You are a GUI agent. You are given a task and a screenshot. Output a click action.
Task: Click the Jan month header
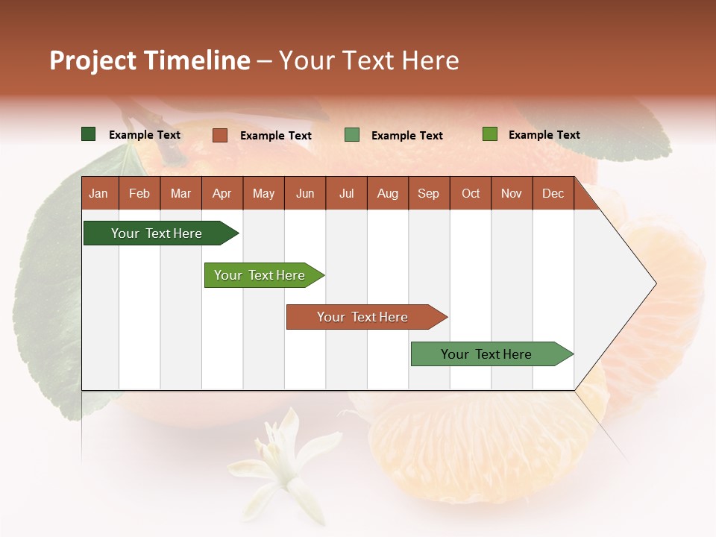tap(98, 193)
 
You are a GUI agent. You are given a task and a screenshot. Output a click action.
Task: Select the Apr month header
tap(222, 193)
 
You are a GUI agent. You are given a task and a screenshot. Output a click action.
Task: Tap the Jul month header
tap(346, 193)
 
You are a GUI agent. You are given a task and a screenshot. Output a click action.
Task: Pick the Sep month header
tap(428, 193)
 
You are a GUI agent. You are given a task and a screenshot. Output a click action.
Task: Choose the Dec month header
tap(553, 193)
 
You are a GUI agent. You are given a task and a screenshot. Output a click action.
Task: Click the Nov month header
tap(511, 193)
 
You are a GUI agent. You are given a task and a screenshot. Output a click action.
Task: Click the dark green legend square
tap(89, 134)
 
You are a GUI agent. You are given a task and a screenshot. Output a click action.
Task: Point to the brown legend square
tap(220, 135)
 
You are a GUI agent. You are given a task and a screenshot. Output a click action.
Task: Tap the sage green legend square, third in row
tap(352, 135)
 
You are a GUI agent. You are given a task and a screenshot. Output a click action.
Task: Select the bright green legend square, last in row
tap(490, 134)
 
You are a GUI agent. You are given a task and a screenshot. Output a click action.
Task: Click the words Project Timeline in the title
tap(149, 60)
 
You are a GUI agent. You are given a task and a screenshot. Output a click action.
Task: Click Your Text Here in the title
tap(368, 60)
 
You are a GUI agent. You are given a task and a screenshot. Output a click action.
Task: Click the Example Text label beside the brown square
tap(275, 136)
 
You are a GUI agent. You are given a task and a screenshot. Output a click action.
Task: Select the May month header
tap(263, 193)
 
